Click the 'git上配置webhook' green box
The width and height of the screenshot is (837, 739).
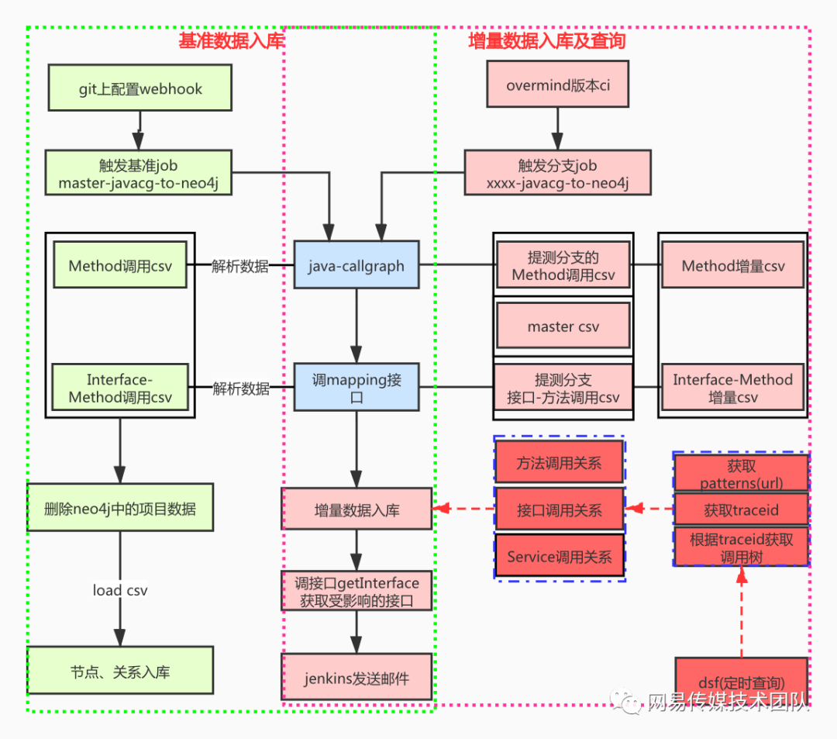(x=139, y=88)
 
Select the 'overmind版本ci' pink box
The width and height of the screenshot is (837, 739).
(x=557, y=85)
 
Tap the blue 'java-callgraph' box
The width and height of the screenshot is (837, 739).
(x=356, y=265)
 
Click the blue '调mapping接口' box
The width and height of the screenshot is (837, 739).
(x=356, y=388)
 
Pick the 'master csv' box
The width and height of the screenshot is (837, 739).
(x=563, y=326)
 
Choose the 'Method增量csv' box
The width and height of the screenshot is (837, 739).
(x=732, y=265)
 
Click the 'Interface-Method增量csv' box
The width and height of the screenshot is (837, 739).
(x=732, y=388)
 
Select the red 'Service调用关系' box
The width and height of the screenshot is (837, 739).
(x=560, y=556)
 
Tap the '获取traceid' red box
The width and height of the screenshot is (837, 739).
(x=741, y=510)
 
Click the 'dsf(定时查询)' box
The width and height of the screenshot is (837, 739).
(x=741, y=681)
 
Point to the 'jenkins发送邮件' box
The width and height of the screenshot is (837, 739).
(x=356, y=679)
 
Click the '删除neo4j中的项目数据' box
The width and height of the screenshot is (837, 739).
(x=119, y=509)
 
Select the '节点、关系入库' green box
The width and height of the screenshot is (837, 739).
(x=119, y=672)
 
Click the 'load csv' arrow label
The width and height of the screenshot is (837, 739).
(x=119, y=590)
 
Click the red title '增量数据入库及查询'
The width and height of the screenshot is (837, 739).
(x=547, y=41)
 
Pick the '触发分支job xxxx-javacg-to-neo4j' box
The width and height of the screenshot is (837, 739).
(x=557, y=174)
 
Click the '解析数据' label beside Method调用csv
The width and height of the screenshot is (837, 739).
(x=240, y=266)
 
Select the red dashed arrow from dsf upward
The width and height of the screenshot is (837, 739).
(x=742, y=613)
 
